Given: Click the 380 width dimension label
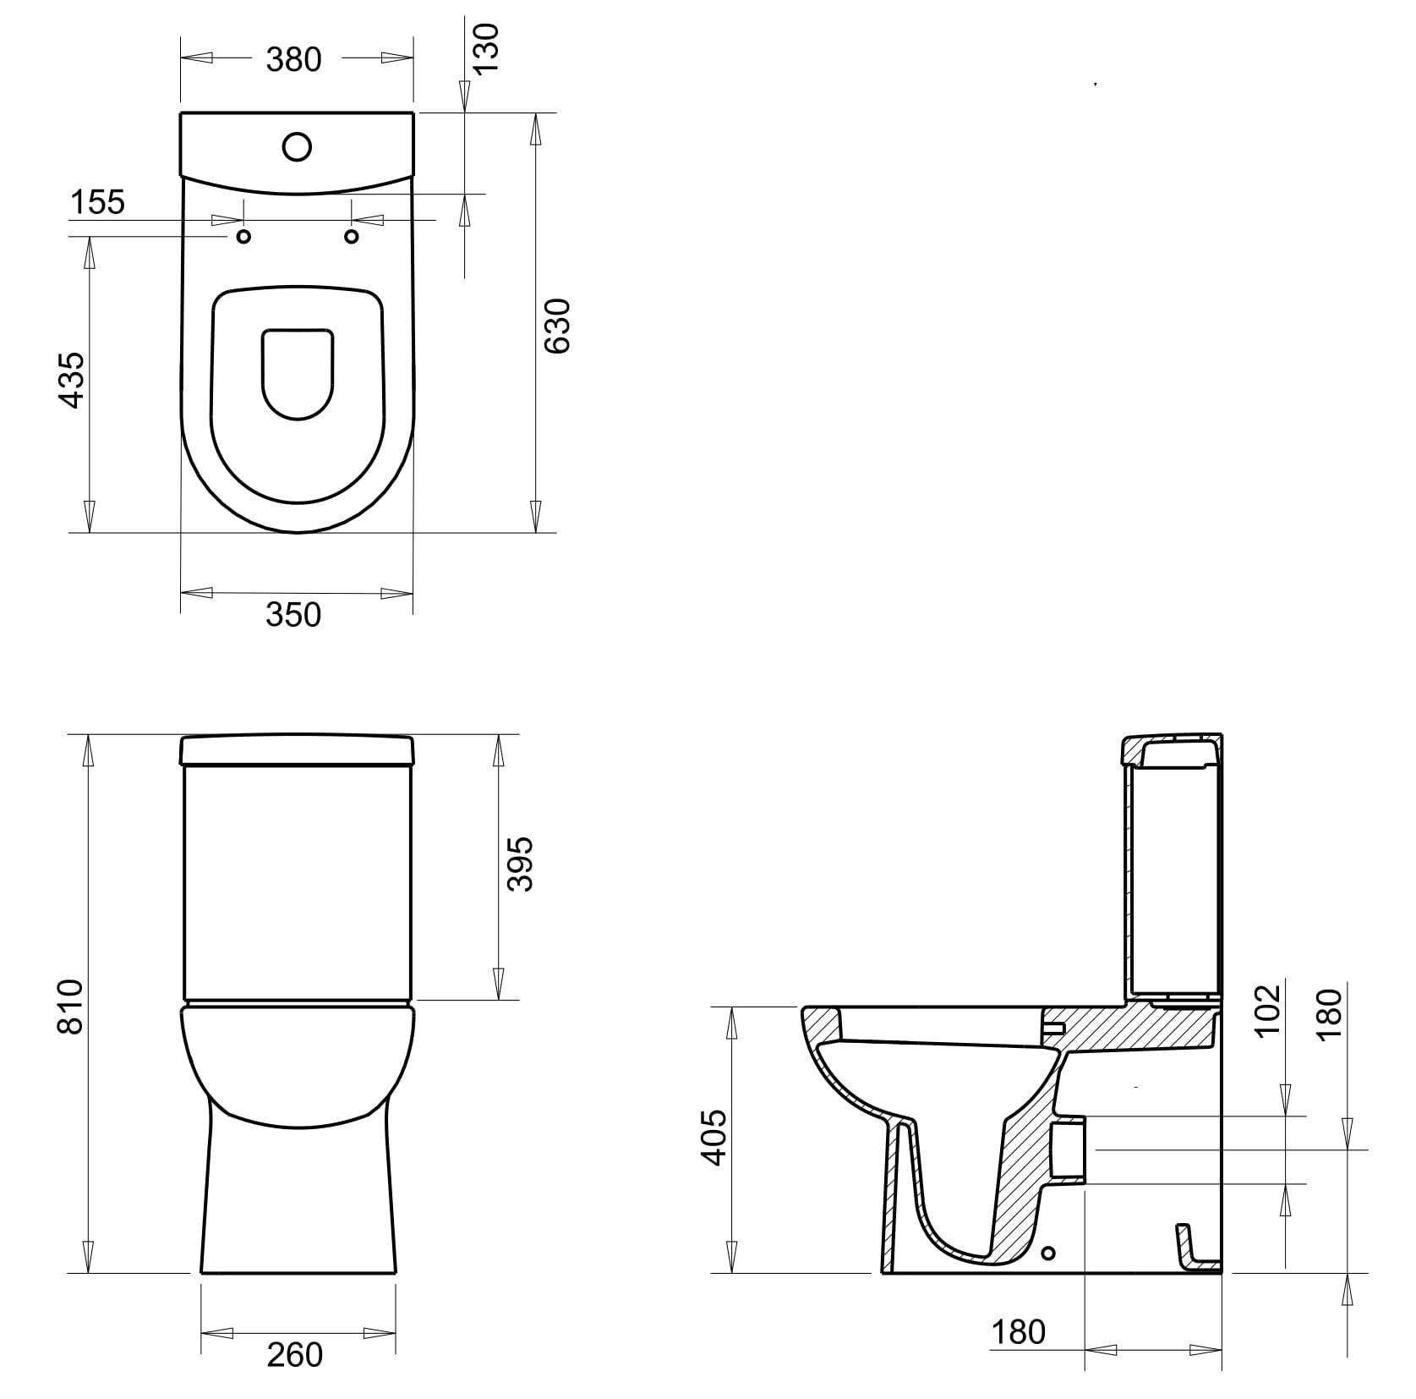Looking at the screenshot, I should point(294,59).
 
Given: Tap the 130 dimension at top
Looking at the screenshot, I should point(488,50).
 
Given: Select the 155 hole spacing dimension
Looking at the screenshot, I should point(97,203).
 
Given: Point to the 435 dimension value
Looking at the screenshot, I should point(74,380).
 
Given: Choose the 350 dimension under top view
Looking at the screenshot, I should point(293,615).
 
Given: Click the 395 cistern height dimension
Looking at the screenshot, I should point(520,864).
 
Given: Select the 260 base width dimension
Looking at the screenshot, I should point(295,1354).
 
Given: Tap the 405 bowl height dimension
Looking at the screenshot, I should point(715,1138).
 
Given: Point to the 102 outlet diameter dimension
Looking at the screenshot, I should point(1268,1011).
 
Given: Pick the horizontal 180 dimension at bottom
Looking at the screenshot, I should point(1019,1331).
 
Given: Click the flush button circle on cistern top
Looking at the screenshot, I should point(298,147).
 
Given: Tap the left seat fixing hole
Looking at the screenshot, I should point(243,237).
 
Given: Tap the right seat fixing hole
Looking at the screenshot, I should point(352,237).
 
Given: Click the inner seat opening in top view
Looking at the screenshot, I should point(298,372).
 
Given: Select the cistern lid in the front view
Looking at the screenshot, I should point(298,749).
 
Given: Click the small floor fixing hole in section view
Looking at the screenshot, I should point(1050,1252).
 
